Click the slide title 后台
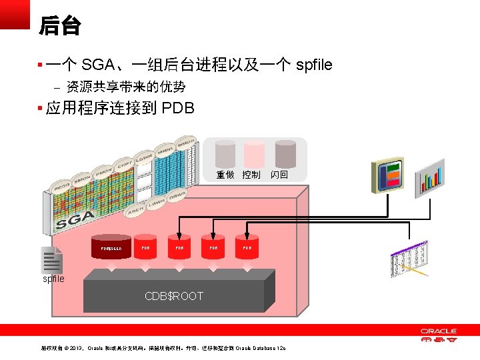pyautogui.click(x=59, y=26)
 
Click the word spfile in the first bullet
pyautogui.click(x=313, y=65)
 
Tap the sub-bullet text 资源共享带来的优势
pyautogui.click(x=125, y=87)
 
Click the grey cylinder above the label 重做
pyautogui.click(x=225, y=154)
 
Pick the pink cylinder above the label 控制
pyautogui.click(x=253, y=154)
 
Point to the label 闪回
pyautogui.click(x=279, y=175)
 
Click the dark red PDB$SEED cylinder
pyautogui.click(x=111, y=247)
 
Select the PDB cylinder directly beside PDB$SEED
pyautogui.click(x=145, y=247)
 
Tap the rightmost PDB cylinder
pyautogui.click(x=247, y=247)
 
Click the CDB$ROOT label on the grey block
pyautogui.click(x=174, y=296)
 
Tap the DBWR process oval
pyautogui.click(x=177, y=197)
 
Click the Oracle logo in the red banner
pyautogui.click(x=438, y=333)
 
